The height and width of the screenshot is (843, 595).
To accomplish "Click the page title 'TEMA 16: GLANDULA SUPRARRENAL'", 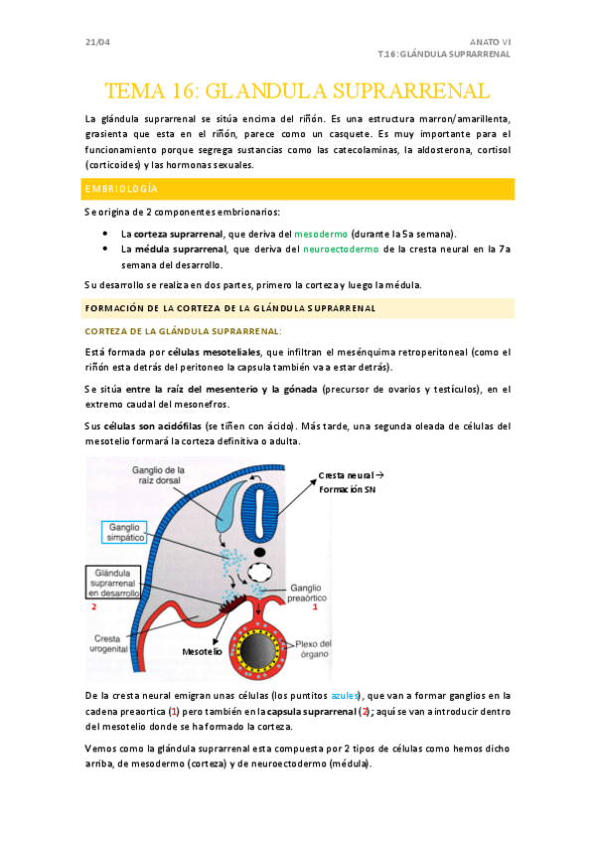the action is [297, 91].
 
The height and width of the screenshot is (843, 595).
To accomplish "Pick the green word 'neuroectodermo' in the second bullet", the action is [331, 250].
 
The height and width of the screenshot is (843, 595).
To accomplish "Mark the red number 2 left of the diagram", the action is [93, 606].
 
